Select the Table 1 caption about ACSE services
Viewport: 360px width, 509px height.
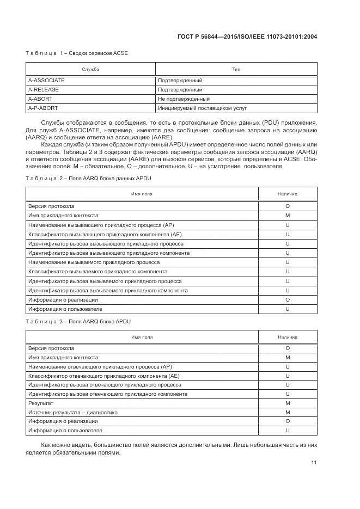(77, 53)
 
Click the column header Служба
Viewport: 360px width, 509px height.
(90, 69)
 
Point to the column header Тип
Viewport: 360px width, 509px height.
(236, 69)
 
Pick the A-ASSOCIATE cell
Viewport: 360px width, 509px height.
(46, 80)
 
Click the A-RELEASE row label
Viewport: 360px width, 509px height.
(44, 89)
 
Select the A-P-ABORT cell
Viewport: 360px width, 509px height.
(43, 108)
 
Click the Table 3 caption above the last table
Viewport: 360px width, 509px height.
(78, 321)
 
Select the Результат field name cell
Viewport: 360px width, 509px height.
(41, 403)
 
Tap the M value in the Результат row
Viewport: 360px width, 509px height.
(287, 403)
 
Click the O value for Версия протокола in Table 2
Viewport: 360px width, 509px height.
(287, 206)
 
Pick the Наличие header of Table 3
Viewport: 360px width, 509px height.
(287, 337)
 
